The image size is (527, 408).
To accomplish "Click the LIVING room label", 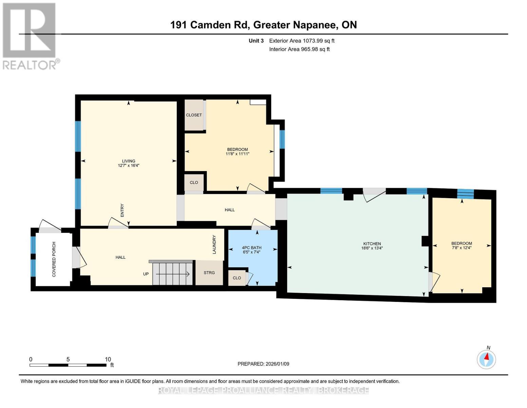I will (129, 161).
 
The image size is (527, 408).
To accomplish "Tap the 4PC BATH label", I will (251, 248).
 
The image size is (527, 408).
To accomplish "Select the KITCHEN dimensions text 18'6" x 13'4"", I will (372, 248).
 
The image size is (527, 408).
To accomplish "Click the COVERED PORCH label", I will (54, 259).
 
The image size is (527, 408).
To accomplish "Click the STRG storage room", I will (209, 273).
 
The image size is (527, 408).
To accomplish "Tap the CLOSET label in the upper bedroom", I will (194, 115).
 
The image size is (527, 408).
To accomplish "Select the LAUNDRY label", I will (214, 244).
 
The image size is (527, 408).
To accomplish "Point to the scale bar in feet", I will (68, 365).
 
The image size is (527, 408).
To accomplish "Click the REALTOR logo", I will (30, 36).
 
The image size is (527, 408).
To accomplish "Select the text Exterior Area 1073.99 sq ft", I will (302, 41).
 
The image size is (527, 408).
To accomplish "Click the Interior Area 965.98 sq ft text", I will (299, 49).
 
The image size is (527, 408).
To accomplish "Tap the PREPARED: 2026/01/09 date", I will (263, 364).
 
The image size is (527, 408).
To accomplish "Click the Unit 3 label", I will (256, 41).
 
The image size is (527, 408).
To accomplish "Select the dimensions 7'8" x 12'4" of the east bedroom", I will (462, 248).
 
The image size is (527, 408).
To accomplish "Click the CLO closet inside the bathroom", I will (237, 278).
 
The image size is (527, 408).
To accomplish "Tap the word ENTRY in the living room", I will (122, 210).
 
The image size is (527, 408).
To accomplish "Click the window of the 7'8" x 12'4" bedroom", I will (465, 194).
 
